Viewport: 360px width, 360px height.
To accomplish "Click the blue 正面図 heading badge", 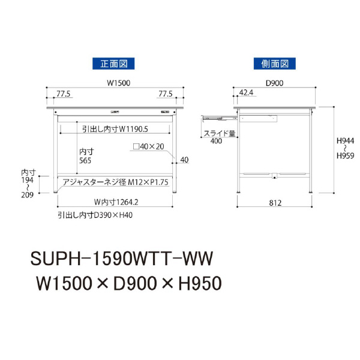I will [x=113, y=63].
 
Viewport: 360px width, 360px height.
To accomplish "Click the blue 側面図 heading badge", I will [x=275, y=63].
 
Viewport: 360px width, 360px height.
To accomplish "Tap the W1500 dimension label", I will [x=113, y=83].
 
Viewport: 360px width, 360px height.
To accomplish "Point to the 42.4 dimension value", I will [x=246, y=93].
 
